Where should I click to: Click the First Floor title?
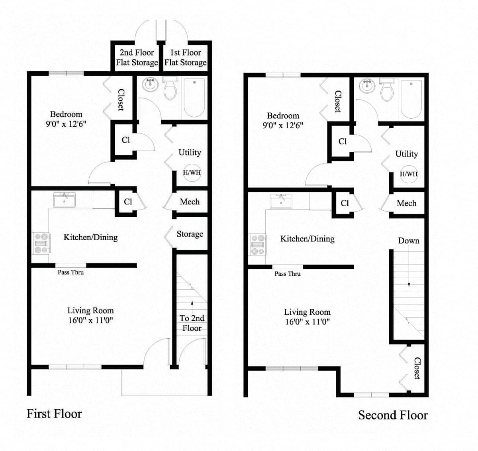[x=54, y=414]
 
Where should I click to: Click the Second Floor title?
[x=393, y=415]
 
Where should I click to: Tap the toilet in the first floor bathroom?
[x=170, y=88]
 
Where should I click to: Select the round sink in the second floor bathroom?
[x=367, y=86]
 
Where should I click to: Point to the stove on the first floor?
[x=41, y=243]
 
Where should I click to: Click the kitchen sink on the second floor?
[x=281, y=201]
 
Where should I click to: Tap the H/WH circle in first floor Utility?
[x=192, y=173]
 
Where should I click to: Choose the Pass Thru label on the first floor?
[x=71, y=273]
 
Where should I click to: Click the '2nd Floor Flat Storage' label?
[x=137, y=57]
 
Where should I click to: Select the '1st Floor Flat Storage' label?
[x=185, y=57]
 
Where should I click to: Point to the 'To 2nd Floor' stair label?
[x=192, y=323]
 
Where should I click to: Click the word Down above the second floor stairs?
[x=409, y=241]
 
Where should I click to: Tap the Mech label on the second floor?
[x=407, y=203]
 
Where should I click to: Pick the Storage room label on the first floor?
[x=190, y=234]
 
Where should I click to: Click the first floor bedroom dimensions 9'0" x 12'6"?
[x=66, y=124]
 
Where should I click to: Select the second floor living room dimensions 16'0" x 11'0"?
[x=308, y=322]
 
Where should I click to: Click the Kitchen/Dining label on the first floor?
[x=91, y=237]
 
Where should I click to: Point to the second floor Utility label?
[x=407, y=154]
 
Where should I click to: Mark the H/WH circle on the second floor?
[x=409, y=174]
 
